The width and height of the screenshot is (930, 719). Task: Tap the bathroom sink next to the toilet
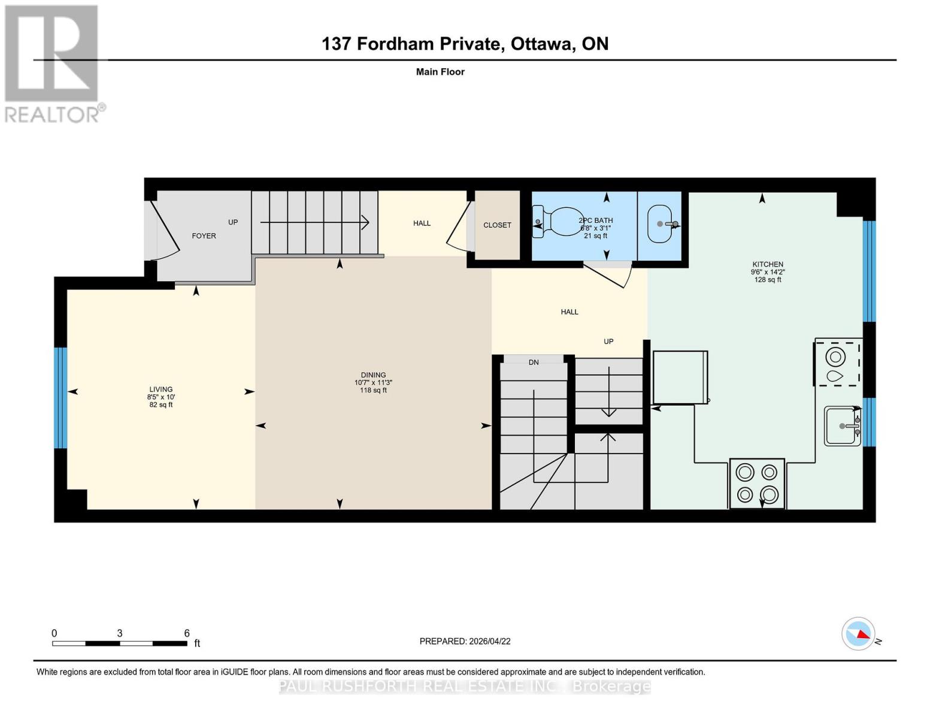point(661,224)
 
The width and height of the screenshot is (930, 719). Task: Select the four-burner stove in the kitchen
point(757,484)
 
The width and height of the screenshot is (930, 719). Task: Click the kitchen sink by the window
point(843,426)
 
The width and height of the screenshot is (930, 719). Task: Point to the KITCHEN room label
point(768,264)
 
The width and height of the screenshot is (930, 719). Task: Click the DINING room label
point(373,375)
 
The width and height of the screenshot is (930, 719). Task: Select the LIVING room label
point(161,389)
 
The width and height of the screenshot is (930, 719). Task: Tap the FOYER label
point(204,236)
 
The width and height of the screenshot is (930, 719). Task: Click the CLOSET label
point(497,225)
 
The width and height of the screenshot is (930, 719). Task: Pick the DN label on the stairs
point(534,362)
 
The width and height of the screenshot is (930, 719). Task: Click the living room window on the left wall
point(60,398)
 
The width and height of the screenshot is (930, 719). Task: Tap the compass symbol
point(859,633)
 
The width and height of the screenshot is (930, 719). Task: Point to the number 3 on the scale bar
point(120,633)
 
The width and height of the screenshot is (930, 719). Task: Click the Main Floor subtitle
point(440,72)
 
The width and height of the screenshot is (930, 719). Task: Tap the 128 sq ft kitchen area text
point(768,280)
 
